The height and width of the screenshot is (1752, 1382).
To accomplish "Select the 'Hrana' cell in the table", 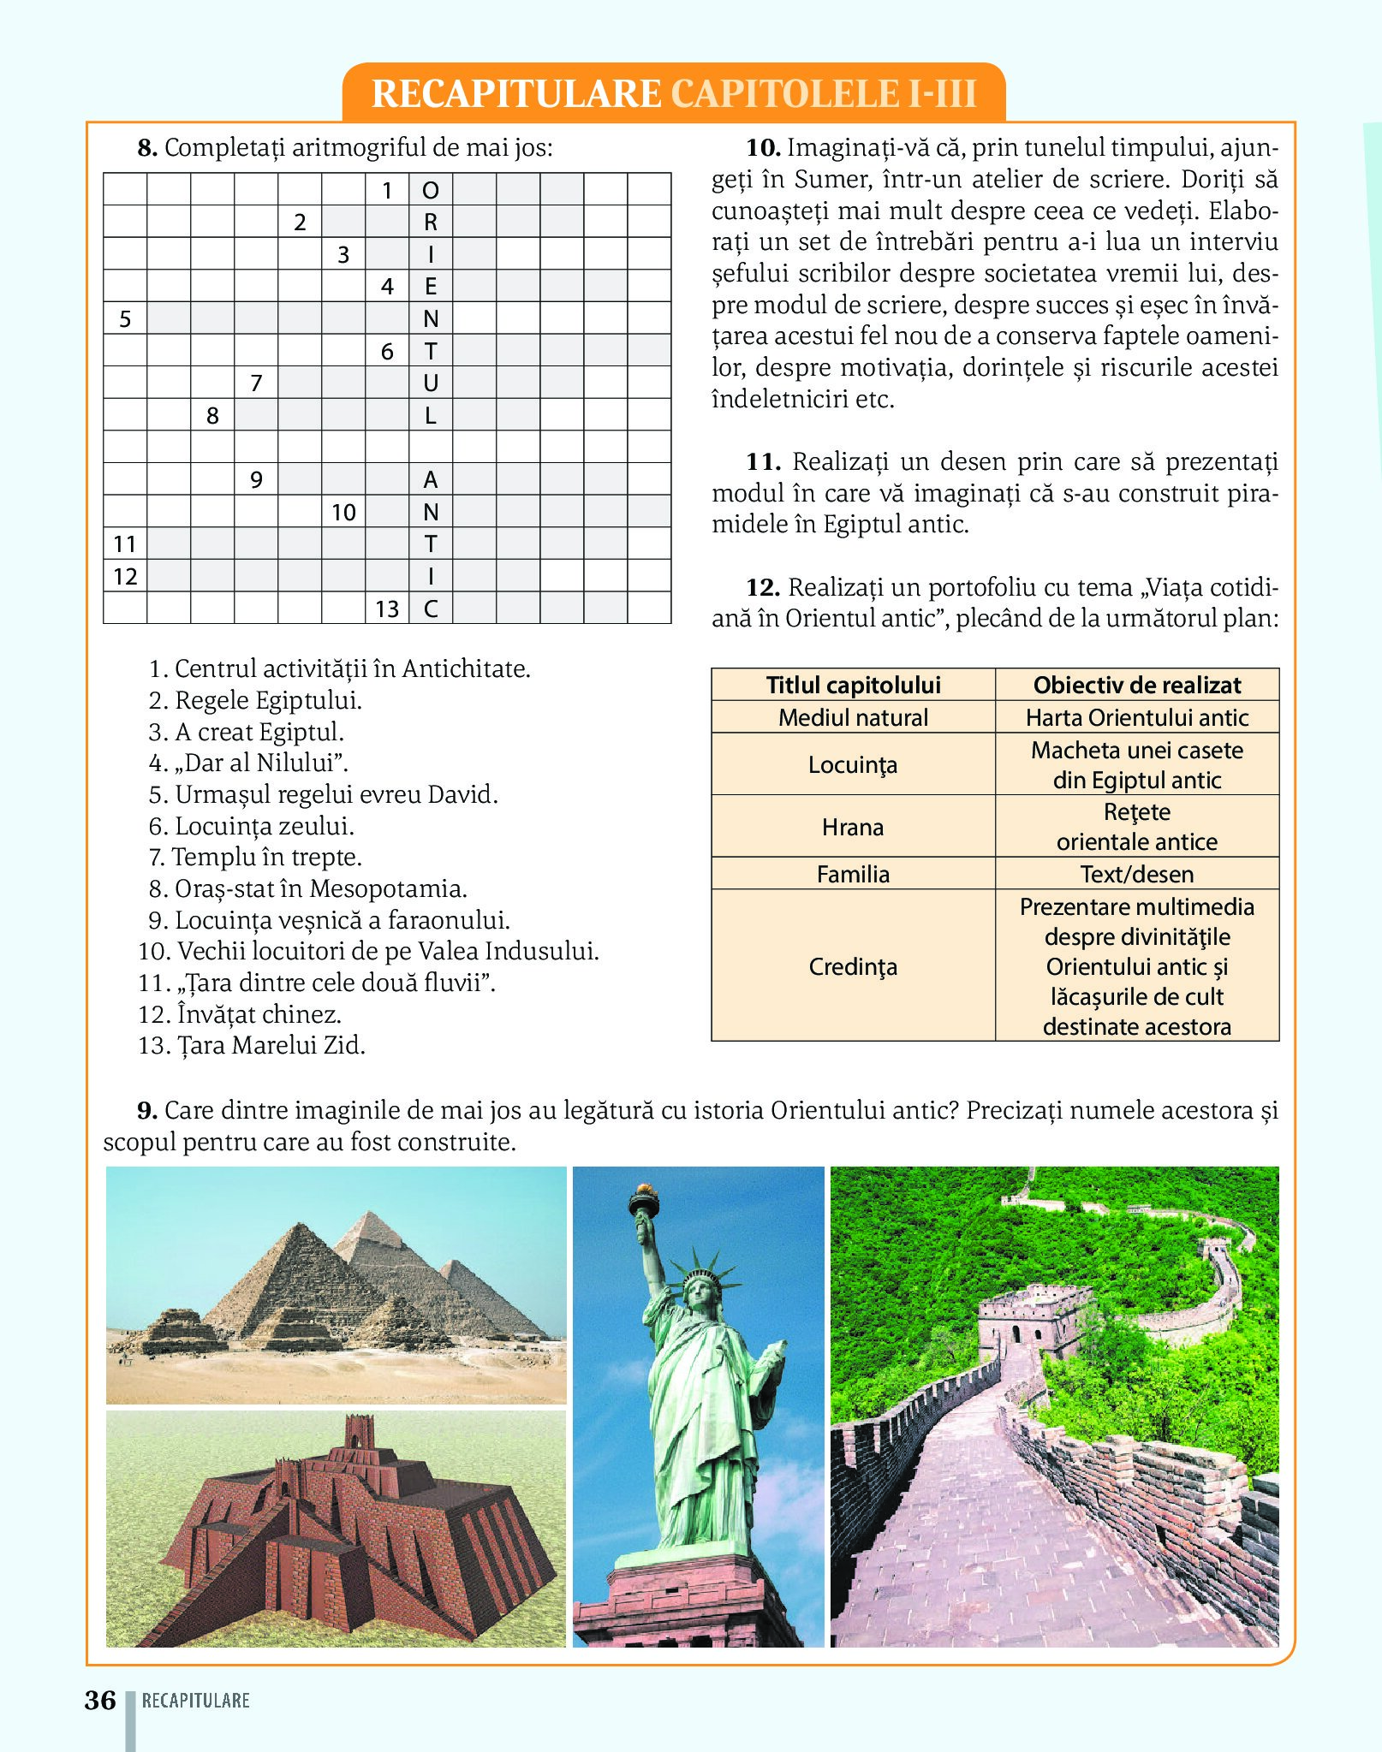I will coord(853,827).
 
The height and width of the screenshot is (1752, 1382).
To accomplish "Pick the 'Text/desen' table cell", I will coord(1136,874).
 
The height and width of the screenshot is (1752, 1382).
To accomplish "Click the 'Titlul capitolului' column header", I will coord(853,685).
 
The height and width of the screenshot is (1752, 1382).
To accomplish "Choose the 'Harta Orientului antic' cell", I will coord(1136,717).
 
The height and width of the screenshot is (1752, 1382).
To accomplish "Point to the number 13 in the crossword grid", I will coord(387,609).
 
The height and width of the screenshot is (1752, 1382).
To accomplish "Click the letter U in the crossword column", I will coord(431,383).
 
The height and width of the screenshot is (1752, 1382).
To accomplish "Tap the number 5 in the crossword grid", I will coord(125,319).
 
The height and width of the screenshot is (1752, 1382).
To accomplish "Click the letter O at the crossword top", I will coord(431,190).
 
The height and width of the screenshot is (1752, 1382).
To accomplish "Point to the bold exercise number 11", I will coord(763,462).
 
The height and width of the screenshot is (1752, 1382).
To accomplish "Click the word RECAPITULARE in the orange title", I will coord(516,93).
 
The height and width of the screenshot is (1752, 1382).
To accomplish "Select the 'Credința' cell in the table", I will coord(853,966).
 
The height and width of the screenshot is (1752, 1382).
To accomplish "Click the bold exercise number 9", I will coord(147,1111).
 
